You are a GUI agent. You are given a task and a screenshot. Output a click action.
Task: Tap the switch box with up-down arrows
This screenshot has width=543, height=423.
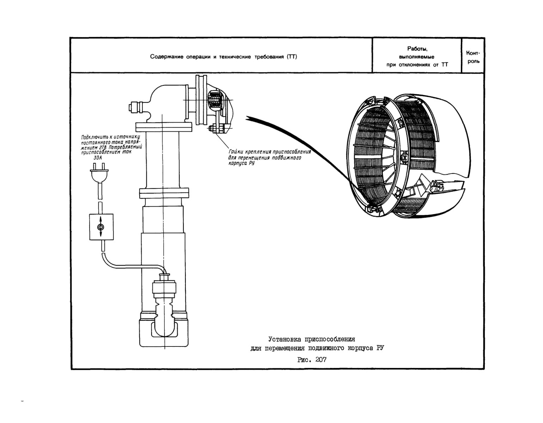pos(101,227)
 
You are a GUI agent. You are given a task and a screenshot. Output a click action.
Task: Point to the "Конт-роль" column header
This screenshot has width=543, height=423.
pos(473,57)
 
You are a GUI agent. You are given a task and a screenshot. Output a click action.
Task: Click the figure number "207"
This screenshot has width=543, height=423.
pos(321,359)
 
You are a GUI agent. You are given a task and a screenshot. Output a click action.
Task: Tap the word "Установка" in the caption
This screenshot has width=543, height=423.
pos(285,339)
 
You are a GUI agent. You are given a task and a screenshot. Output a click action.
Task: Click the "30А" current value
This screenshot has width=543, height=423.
pos(98,158)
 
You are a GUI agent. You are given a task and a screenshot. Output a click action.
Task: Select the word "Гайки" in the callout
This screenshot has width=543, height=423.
pos(236,151)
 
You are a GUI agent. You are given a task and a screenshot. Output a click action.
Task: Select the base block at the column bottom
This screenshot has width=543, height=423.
pos(164,332)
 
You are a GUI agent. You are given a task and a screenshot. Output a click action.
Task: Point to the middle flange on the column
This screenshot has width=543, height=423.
pos(164,193)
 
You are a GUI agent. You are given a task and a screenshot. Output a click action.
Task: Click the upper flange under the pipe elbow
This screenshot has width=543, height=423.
pos(164,127)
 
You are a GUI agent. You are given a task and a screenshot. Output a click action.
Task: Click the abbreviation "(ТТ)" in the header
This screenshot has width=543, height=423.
pos(292,57)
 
